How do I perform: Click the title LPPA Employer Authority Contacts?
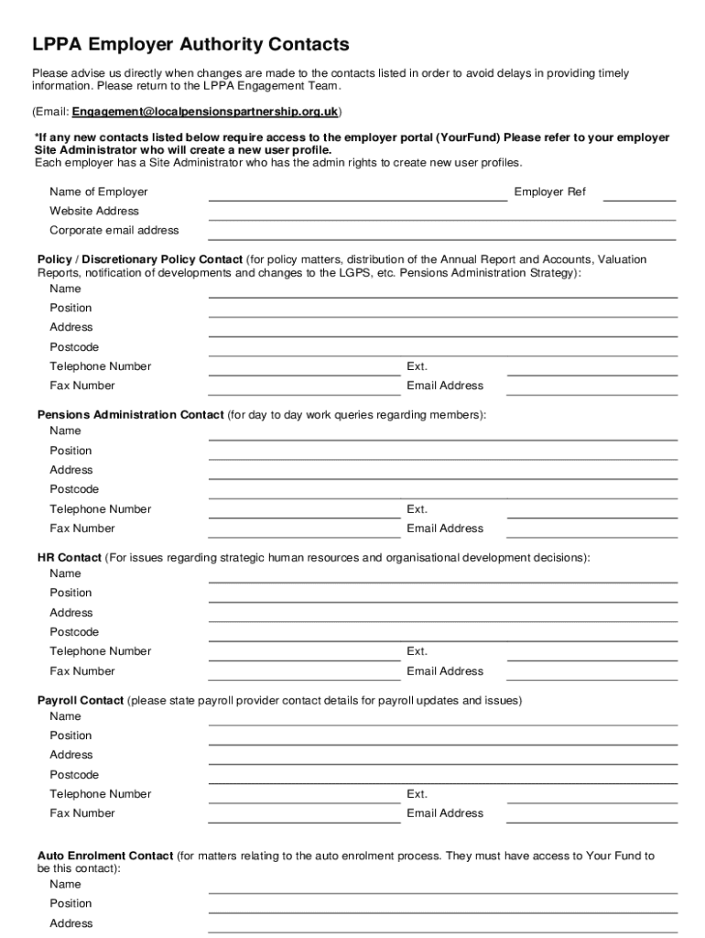point(190,44)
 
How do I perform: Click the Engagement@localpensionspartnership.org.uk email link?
point(206,112)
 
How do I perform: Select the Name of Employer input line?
point(357,193)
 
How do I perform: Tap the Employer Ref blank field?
point(639,193)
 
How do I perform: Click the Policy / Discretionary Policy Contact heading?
point(140,259)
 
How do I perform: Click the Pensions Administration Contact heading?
point(130,415)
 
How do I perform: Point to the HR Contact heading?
point(70,558)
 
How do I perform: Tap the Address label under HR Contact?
point(71,613)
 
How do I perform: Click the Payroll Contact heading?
point(81,701)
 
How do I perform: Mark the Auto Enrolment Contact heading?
point(105,856)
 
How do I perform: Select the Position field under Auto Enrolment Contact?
point(442,905)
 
